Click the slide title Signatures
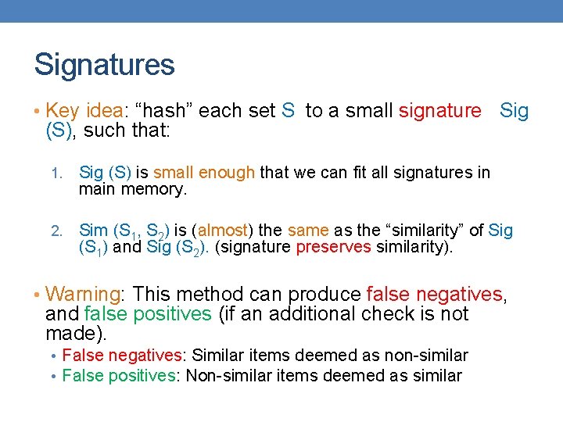(104, 65)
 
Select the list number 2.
(56, 231)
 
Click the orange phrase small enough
(204, 173)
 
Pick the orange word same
(309, 231)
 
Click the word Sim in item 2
(94, 231)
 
